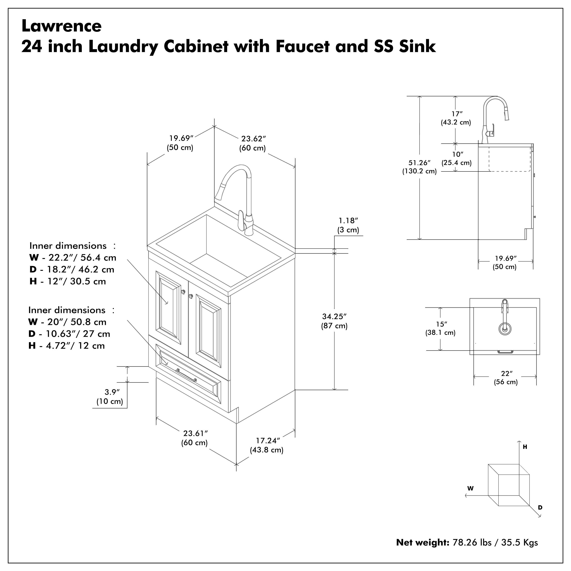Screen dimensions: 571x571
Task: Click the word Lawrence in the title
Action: coord(61,26)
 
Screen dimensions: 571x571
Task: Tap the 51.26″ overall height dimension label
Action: coord(419,163)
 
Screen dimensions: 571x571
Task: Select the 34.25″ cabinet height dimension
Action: coord(334,317)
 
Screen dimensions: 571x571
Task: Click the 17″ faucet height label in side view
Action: coord(456,114)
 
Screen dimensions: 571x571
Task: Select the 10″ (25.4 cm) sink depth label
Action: coord(457,154)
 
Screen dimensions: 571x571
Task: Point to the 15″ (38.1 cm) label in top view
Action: coord(441,324)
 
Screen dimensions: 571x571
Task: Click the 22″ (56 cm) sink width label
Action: coord(506,374)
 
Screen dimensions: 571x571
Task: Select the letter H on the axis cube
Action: coord(525,447)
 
